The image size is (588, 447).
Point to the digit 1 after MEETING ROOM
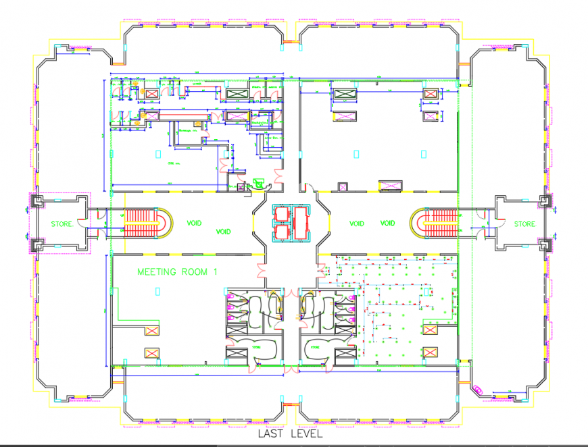tap(215, 272)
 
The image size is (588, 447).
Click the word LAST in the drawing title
tap(272, 434)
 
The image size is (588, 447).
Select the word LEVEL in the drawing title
tap(307, 434)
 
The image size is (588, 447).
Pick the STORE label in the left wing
tap(63, 223)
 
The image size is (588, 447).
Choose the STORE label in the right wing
tap(525, 223)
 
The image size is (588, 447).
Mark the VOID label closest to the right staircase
tap(388, 223)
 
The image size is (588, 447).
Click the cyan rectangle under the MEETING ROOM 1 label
tap(157, 291)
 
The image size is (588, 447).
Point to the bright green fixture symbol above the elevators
tap(257, 181)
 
